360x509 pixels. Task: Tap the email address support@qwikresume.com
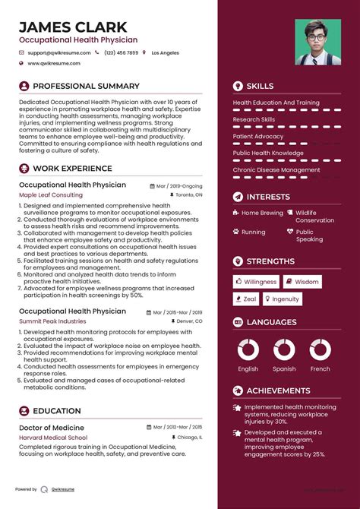(x=58, y=53)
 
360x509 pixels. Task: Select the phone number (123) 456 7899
(x=122, y=53)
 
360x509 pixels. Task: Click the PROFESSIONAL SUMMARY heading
(x=86, y=87)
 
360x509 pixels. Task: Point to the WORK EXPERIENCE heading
(x=72, y=169)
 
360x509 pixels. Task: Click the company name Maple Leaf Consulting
(x=50, y=195)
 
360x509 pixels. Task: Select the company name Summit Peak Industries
(x=52, y=321)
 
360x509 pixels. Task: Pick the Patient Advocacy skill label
(x=258, y=136)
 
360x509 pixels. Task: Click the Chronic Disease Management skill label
(x=276, y=170)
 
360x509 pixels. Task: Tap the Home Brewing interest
(x=262, y=213)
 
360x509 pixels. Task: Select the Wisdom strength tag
(x=303, y=282)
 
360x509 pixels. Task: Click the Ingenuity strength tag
(x=283, y=299)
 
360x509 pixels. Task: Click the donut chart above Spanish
(x=284, y=349)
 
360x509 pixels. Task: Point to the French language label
(x=321, y=369)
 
